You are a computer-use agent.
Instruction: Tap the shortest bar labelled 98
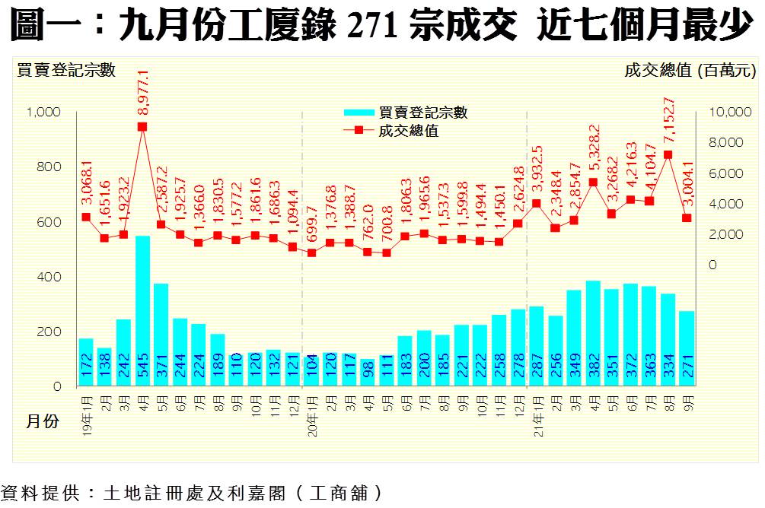367,373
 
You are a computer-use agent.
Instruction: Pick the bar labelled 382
593,334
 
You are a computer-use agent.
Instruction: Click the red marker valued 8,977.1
142,127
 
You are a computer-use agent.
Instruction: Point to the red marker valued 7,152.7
668,154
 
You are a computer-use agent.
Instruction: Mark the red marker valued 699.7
311,252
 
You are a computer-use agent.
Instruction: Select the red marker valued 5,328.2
593,183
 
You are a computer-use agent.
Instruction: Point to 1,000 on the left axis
43,113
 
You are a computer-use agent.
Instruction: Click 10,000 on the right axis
729,113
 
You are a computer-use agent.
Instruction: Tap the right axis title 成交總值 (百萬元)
690,71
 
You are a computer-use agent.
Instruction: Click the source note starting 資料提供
191,493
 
